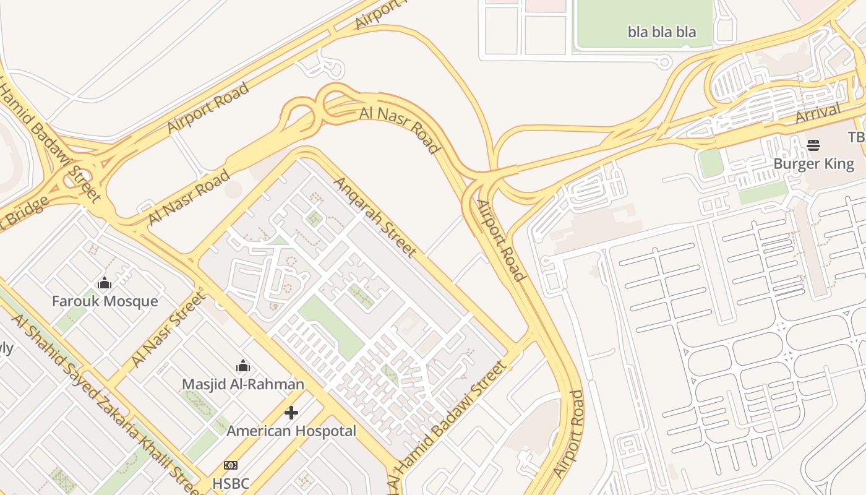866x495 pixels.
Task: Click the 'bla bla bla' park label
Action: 662,32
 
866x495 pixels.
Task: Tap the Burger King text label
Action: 813,164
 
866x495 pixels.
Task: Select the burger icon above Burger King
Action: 813,145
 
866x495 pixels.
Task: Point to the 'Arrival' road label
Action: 818,113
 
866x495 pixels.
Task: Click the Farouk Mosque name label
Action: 105,301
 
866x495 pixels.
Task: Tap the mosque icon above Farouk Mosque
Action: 105,283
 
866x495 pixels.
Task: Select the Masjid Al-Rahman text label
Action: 242,384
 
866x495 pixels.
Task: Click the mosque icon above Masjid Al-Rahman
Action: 242,366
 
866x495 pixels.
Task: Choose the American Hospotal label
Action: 291,431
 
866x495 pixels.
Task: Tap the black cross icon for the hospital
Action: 291,412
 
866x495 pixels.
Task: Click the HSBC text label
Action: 231,483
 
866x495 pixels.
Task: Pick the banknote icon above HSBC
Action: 231,465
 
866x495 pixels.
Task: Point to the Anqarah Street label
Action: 375,217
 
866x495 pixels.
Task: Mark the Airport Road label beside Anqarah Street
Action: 500,240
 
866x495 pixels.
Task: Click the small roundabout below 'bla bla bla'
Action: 664,61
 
